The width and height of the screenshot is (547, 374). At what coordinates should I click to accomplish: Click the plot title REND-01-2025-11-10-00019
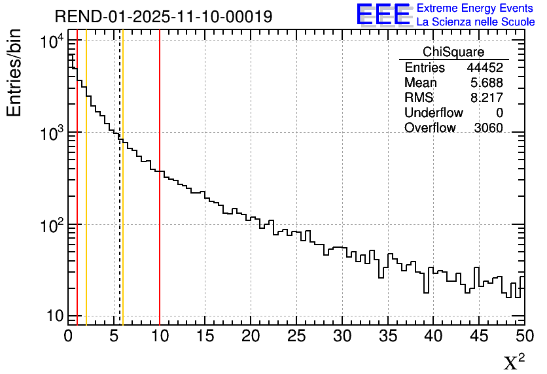(163, 16)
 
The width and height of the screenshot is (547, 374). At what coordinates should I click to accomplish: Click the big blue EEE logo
(383, 14)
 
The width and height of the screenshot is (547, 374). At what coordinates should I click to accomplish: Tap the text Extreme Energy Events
(476, 8)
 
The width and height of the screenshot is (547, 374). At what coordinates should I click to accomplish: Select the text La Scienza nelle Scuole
(476, 22)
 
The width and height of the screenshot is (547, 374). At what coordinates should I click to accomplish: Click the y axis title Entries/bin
(14, 73)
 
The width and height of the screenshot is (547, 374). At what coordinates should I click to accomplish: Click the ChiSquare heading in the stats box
(453, 52)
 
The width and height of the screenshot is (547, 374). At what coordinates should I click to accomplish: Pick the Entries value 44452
(485, 68)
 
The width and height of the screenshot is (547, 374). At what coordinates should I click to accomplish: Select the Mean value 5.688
(487, 83)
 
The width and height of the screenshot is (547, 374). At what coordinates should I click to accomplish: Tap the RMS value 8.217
(487, 98)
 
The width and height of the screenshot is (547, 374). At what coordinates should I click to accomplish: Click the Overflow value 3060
(488, 128)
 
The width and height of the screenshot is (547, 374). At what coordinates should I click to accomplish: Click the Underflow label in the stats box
(434, 113)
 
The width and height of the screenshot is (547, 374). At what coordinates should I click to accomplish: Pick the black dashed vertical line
(120, 196)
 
